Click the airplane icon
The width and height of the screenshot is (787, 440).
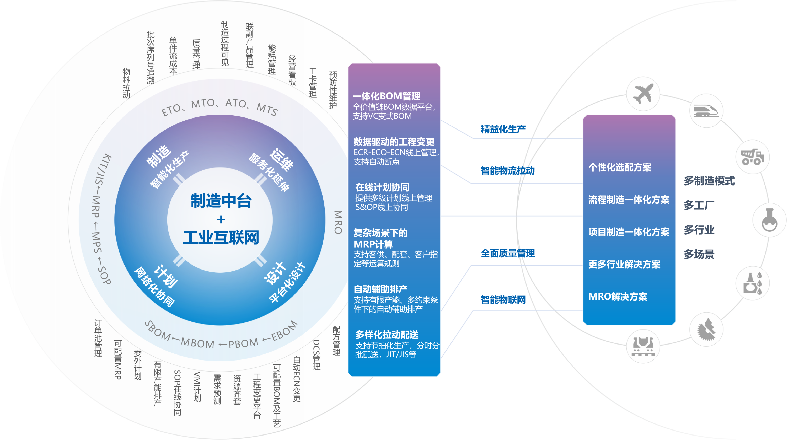point(643,94)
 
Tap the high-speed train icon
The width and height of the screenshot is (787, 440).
point(706,111)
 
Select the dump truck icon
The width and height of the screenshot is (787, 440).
point(752,157)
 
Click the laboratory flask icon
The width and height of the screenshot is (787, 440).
point(769,220)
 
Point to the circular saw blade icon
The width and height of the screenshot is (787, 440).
point(706,330)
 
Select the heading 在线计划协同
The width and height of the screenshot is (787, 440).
point(382,187)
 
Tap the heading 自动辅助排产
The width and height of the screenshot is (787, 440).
point(380,289)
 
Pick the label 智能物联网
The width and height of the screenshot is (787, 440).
point(503,300)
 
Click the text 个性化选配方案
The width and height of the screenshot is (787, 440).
point(620,167)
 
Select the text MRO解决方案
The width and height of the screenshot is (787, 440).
point(618,296)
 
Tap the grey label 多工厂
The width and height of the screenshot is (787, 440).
point(699,205)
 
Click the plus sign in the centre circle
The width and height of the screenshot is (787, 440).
point(221,219)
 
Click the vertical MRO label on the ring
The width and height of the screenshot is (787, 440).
point(338,222)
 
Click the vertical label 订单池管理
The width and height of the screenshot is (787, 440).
point(98,338)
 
